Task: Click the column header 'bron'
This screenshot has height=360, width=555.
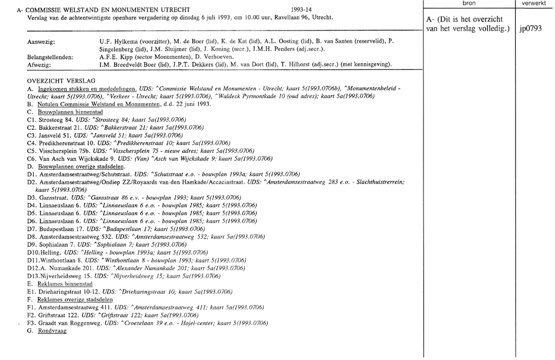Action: pos(469,3)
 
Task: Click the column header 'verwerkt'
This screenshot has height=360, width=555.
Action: pos(534,3)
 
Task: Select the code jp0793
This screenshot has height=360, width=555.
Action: pos(531,29)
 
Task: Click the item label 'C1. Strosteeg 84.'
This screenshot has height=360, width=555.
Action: pos(49,120)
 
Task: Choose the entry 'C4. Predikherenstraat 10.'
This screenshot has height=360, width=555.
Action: pos(60,143)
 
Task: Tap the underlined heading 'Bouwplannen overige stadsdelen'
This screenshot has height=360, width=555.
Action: pos(81,166)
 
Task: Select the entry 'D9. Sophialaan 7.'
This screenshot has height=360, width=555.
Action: pos(49,245)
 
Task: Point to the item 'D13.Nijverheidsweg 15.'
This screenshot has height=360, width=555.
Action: pos(60,276)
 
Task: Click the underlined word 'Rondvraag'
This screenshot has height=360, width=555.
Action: pos(52,331)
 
